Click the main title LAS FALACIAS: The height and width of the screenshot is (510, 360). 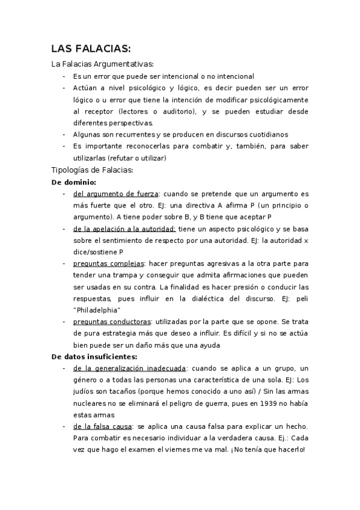[91, 49]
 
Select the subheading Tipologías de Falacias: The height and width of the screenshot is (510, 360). [92, 170]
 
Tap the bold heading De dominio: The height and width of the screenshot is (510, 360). [74, 182]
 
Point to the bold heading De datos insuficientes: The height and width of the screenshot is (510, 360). [95, 357]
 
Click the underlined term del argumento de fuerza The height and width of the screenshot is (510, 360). [115, 194]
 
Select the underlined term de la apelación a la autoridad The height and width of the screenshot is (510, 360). [124, 229]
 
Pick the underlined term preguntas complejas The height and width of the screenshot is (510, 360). [109, 263]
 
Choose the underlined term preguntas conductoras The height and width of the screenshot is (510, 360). [112, 322]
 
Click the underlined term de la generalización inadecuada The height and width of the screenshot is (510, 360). [129, 368]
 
